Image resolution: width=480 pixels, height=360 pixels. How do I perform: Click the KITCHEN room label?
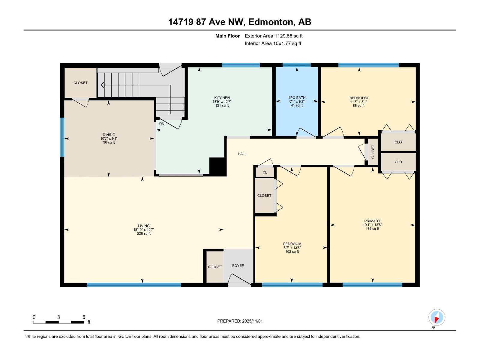coord(222,98)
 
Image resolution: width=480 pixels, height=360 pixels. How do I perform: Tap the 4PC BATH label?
coord(297,98)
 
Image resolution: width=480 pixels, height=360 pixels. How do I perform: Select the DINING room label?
coord(109,135)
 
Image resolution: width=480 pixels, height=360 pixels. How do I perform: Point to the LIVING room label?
coord(144,226)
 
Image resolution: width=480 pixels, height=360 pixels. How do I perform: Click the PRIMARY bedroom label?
coord(372,221)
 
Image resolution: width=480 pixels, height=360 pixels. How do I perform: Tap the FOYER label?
coord(238,265)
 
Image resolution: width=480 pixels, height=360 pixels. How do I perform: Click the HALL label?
coord(242,154)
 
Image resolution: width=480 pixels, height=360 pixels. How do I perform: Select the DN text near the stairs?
coord(162,124)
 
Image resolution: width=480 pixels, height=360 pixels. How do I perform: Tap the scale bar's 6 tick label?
coord(84,317)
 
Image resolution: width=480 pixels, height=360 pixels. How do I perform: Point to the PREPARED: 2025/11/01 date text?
coord(240,321)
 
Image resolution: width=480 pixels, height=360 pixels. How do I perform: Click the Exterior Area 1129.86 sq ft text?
coord(274,36)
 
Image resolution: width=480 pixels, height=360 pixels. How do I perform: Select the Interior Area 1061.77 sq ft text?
coord(273,43)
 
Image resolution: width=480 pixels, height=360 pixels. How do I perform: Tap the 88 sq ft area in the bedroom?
coord(358,106)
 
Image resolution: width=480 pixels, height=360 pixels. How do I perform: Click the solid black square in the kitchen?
coord(217,166)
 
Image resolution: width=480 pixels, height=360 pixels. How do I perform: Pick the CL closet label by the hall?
coord(265,172)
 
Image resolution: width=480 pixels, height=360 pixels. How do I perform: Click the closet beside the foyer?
coord(215,267)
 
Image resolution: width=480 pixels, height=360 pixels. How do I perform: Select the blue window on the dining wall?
coord(62,137)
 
